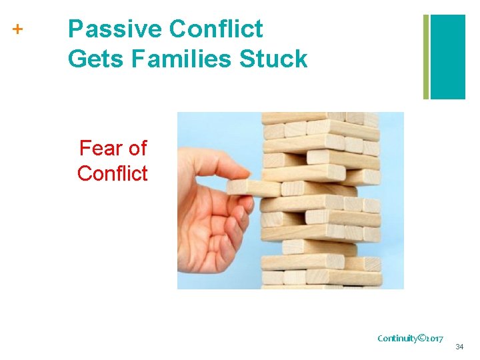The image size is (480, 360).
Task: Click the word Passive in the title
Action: pos(114,29)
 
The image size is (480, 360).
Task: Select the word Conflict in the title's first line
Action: pos(216,29)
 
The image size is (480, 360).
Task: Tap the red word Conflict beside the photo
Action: pos(112,173)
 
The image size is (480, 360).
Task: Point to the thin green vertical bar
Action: pos(426,57)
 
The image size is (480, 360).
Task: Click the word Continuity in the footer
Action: pos(399,338)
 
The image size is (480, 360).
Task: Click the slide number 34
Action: pos(459,347)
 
